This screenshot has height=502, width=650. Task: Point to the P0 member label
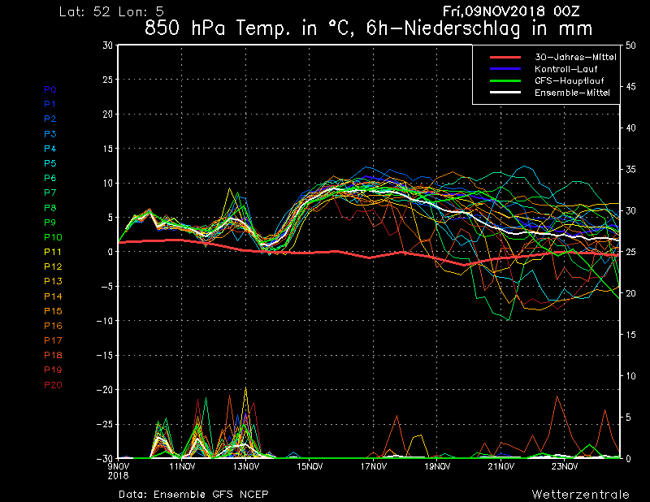(50, 89)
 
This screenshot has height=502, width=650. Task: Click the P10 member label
(53, 237)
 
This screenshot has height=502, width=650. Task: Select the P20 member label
(53, 385)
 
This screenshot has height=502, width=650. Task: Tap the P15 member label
(53, 311)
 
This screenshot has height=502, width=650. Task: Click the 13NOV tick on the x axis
(245, 467)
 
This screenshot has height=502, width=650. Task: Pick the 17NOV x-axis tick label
(373, 467)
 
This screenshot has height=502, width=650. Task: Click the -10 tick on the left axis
(105, 321)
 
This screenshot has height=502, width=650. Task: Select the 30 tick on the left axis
(108, 45)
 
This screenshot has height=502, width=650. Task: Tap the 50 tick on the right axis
(630, 45)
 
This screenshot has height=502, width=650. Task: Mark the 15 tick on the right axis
(630, 335)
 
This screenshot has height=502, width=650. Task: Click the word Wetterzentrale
(580, 494)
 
